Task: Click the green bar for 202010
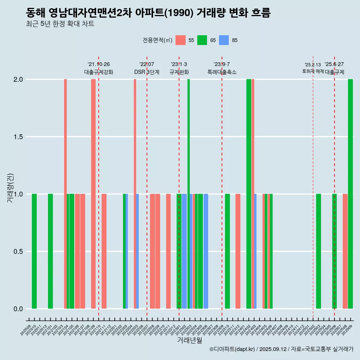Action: tap(34, 251)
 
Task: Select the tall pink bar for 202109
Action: tap(93, 194)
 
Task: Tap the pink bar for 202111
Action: tap(104, 251)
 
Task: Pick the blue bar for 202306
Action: tap(206, 251)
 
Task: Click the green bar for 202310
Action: tap(227, 251)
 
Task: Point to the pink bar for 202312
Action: tap(238, 251)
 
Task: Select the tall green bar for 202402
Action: tap(249, 194)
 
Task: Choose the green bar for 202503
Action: tap(318, 251)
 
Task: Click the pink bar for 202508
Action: tap(345, 251)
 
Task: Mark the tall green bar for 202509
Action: tap(350, 194)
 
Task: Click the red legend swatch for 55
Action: tap(180, 40)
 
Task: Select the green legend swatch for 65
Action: tap(202, 40)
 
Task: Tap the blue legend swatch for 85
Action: tap(224, 40)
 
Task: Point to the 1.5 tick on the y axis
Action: tap(18, 137)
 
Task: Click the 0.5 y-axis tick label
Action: tap(18, 251)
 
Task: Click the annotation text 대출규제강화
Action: tap(98, 72)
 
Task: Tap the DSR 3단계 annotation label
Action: tap(147, 72)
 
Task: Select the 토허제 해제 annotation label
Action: tap(313, 71)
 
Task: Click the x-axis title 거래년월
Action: tap(189, 340)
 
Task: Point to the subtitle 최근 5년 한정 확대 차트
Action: tap(60, 24)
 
